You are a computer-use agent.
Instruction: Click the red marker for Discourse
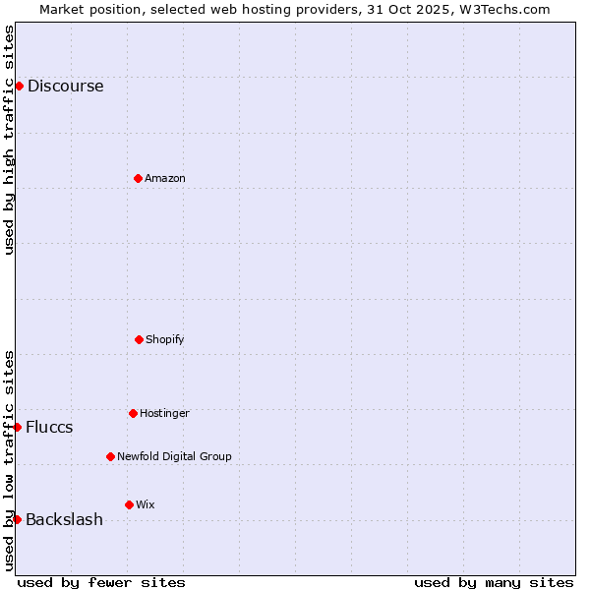19,86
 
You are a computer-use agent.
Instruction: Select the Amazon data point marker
138,178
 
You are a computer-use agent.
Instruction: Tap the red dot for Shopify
139,339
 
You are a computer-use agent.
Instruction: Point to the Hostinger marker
133,413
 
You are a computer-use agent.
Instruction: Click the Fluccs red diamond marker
17,427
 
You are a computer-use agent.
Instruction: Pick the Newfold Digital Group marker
110,456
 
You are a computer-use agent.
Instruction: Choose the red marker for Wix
129,504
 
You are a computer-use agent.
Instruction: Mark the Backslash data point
17,519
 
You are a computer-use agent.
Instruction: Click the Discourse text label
65,86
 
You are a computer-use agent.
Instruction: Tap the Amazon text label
165,178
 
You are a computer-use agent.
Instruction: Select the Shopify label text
165,339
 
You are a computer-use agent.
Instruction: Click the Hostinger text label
164,413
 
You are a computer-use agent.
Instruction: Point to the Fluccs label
49,427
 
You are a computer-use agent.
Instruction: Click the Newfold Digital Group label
174,456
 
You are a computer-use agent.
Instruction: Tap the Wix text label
146,504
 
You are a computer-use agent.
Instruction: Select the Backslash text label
64,519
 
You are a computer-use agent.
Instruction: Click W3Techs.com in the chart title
505,9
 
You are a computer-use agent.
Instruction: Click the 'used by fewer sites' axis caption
101,582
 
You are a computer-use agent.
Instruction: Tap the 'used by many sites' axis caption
494,582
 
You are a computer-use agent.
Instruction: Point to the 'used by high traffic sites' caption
9,140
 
